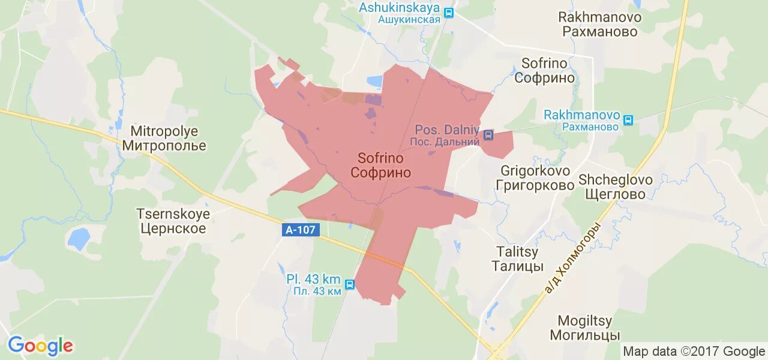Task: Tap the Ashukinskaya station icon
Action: [x=449, y=11]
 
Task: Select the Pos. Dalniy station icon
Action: [x=488, y=135]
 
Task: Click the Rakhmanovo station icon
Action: [x=628, y=120]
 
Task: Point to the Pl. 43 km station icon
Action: [x=350, y=284]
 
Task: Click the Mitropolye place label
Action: [x=164, y=138]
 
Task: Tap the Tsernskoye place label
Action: [x=173, y=221]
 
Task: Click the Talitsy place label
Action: [x=517, y=259]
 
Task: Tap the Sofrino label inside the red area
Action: [x=380, y=166]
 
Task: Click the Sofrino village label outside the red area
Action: [x=548, y=70]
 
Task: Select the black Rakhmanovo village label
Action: [x=600, y=25]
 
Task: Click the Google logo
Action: [x=40, y=346]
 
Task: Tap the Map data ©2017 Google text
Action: [x=694, y=352]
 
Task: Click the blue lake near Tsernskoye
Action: [x=78, y=239]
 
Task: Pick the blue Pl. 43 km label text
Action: [x=313, y=284]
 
